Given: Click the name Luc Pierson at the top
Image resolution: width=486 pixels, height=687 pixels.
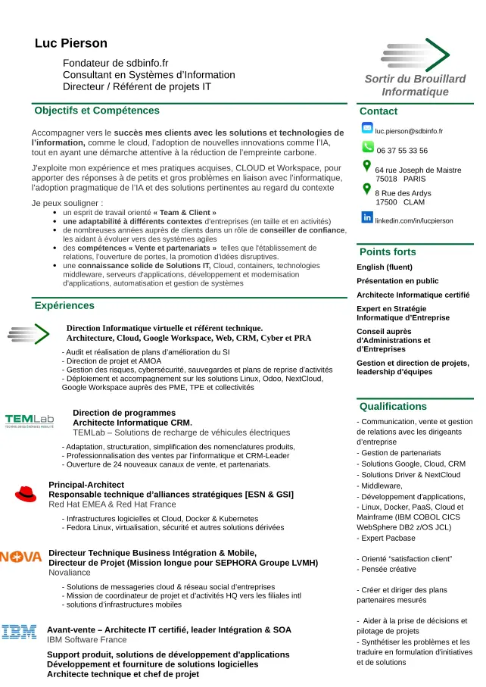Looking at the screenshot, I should coord(71,44).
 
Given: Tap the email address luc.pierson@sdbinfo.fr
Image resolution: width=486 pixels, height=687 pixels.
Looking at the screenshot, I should coord(409,131).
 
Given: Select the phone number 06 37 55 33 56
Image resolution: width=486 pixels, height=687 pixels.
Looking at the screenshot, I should coord(402,151).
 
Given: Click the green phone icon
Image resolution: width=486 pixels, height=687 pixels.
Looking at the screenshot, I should coord(368,146).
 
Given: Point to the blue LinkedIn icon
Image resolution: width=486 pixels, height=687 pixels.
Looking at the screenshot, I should coord(367,218).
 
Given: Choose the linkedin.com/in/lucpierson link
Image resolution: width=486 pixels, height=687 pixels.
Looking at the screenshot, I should coord(414,221).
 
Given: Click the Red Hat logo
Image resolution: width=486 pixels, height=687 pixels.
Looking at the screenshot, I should coord(26,494).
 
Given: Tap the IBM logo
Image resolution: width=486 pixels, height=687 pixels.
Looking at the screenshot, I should coord(19,632).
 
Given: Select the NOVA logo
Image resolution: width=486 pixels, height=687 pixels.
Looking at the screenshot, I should coord(20,557).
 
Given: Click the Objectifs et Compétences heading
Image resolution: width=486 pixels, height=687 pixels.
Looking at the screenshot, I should coord(97,111).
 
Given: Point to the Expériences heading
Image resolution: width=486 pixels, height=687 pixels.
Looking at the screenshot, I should coord(64,306).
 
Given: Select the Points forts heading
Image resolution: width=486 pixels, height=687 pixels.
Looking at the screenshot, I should coord(388,252).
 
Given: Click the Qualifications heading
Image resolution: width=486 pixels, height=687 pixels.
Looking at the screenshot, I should coord(393,407).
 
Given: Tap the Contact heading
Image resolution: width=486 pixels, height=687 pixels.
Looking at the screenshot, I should coord(379,111).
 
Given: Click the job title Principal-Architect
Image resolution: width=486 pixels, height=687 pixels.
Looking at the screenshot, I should coord(86,485).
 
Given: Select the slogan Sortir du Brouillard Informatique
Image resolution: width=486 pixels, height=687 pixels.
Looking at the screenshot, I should coord(415,86).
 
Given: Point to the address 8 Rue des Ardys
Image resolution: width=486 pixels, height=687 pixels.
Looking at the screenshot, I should coord(403,193).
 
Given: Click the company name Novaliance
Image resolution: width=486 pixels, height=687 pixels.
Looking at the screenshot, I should coord(70,573).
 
